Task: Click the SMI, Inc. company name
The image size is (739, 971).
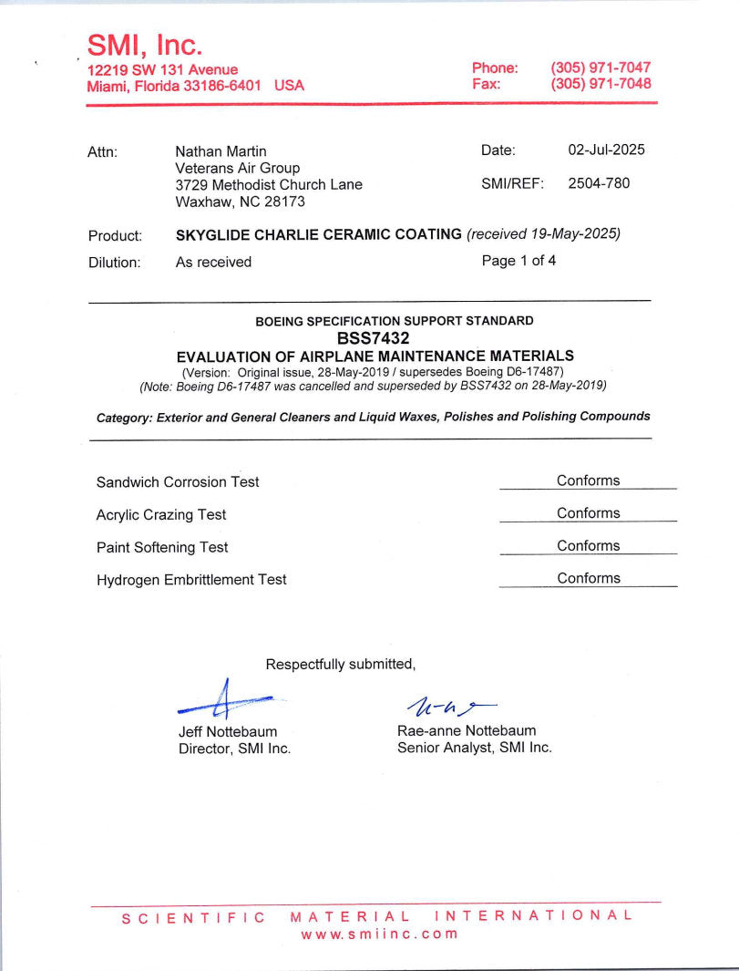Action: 145,45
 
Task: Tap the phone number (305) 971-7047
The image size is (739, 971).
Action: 600,67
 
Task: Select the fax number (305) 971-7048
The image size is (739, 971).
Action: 600,84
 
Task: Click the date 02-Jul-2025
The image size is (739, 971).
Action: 606,150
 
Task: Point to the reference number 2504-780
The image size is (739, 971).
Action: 599,183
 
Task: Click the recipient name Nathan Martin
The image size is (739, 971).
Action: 221,151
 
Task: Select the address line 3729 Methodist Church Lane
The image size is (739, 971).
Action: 268,184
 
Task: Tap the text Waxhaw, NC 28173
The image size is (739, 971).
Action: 240,201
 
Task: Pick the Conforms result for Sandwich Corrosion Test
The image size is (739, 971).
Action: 588,480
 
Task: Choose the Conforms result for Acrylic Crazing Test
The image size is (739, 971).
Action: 588,513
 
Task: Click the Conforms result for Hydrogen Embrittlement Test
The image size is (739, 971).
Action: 588,578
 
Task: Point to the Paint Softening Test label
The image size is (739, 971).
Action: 162,547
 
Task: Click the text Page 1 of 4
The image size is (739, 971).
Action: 518,261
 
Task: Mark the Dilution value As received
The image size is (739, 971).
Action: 213,263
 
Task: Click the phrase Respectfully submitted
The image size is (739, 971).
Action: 340,665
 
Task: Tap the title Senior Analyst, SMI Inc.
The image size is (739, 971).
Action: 474,748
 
